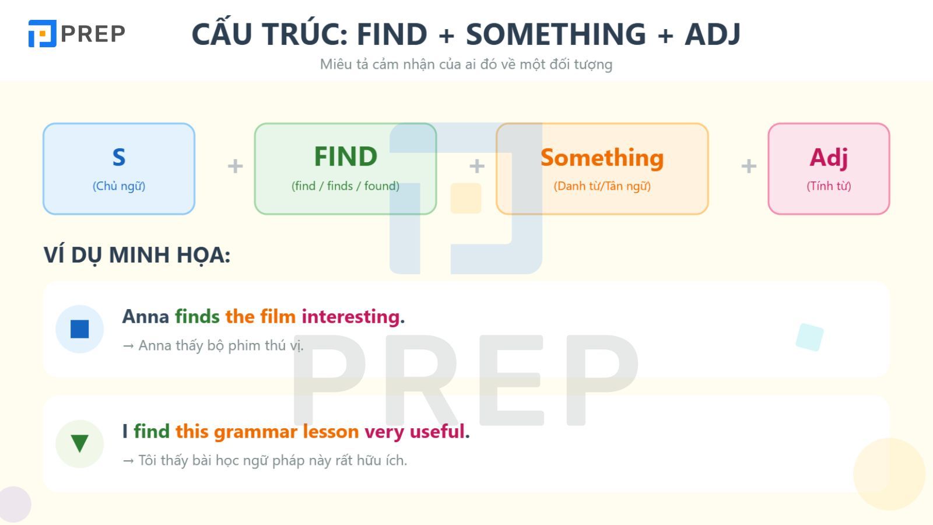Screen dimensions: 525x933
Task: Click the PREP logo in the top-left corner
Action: (76, 34)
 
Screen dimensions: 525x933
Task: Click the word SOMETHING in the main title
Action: (556, 34)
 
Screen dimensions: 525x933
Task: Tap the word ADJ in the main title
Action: (712, 34)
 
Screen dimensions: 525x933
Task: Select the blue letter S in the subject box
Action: (119, 157)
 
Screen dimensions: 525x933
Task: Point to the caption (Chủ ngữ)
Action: (119, 186)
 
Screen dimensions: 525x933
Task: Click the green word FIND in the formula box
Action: (345, 156)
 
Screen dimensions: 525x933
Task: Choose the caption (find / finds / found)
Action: (345, 186)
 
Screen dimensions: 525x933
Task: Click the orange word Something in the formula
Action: (602, 157)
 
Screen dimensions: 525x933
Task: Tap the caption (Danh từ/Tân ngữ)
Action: (602, 186)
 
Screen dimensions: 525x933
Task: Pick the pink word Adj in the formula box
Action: (829, 157)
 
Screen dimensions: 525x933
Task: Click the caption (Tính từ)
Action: (829, 186)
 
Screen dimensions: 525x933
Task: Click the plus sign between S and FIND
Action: (235, 167)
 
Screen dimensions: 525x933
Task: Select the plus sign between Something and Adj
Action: (749, 167)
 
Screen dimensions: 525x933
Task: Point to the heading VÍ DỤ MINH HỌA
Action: (137, 256)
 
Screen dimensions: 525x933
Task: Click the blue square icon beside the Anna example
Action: (79, 329)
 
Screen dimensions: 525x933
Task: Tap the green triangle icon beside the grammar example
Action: (79, 443)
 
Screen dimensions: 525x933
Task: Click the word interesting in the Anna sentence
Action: (350, 317)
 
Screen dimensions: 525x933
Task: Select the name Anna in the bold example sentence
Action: (145, 317)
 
